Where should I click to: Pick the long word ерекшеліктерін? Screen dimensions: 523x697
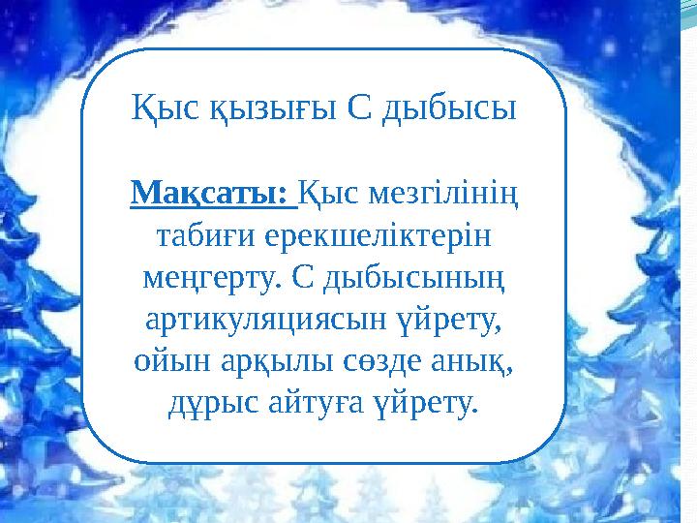376,236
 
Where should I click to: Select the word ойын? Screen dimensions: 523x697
165,360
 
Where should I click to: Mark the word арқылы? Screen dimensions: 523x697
258,360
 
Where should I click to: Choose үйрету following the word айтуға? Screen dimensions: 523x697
423,402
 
